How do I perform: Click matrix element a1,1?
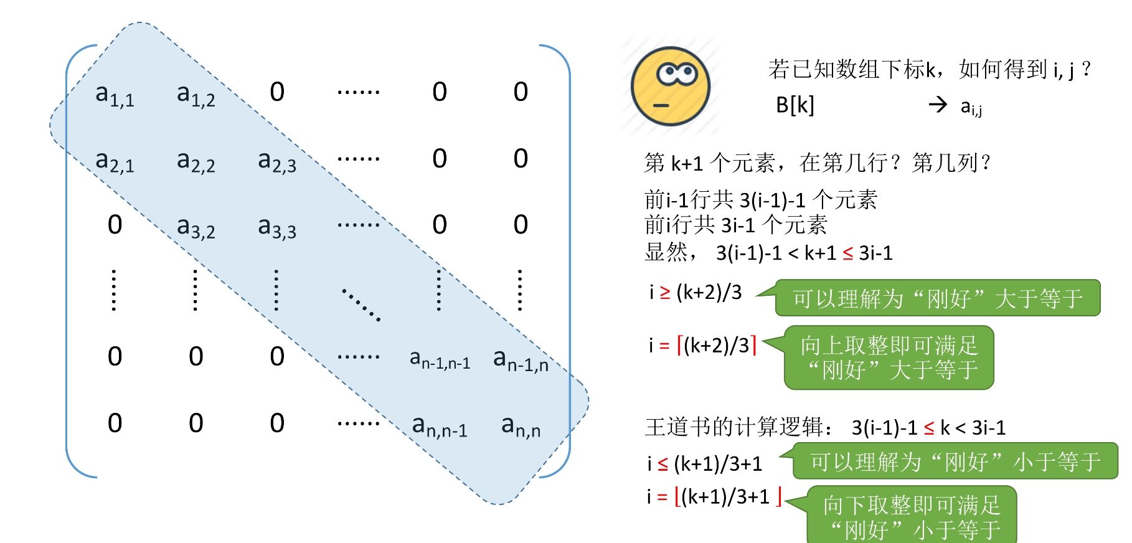[115, 95]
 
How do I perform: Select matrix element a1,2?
[196, 95]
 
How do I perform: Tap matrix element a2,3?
[277, 161]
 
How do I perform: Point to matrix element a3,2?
[196, 227]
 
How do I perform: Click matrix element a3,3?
[277, 227]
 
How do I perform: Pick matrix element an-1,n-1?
[440, 359]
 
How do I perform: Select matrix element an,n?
[521, 427]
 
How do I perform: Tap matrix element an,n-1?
[440, 427]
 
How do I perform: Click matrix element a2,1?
[115, 161]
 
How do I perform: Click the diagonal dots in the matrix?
[361, 304]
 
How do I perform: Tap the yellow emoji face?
[670, 87]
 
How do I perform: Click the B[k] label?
[795, 105]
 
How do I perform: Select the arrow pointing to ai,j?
[938, 105]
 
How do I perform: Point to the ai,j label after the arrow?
[971, 107]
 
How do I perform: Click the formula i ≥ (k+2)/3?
[696, 292]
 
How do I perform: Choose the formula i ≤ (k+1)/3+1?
[704, 463]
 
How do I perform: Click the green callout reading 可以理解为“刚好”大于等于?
[937, 298]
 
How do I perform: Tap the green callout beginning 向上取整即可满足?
[889, 357]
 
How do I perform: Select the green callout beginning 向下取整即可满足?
[912, 516]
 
